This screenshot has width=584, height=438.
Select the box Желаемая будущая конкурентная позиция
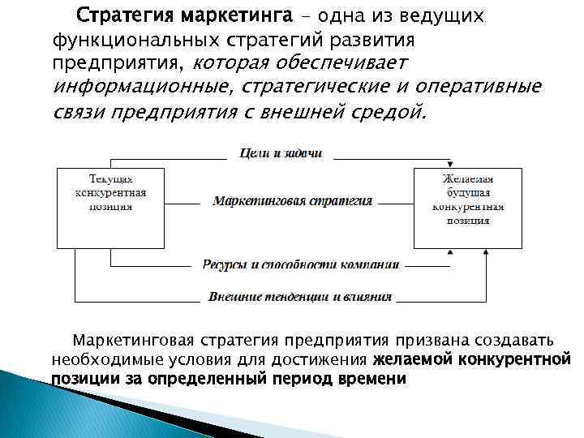[468, 207]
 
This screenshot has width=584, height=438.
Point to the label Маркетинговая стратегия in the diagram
[292, 200]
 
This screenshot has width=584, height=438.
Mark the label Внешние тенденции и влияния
[299, 297]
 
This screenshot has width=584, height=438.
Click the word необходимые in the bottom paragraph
[102, 359]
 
